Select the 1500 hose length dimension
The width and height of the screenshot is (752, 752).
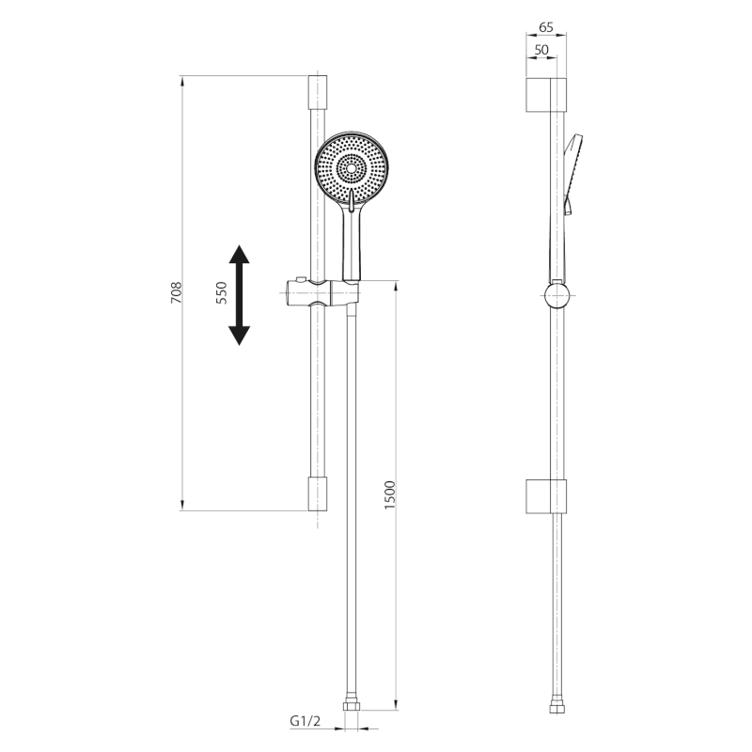pyautogui.click(x=391, y=495)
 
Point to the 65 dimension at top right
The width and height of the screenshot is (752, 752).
pyautogui.click(x=546, y=29)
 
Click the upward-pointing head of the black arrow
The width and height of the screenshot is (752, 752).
pyautogui.click(x=240, y=258)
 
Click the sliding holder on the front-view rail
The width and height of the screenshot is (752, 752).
pyautogui.click(x=319, y=293)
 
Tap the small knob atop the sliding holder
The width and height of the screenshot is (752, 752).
pyautogui.click(x=298, y=279)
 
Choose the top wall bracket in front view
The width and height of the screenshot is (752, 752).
pyautogui.click(x=318, y=96)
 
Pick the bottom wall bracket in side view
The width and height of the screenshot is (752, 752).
pyautogui.click(x=545, y=496)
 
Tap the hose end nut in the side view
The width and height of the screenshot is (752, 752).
pyautogui.click(x=557, y=703)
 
